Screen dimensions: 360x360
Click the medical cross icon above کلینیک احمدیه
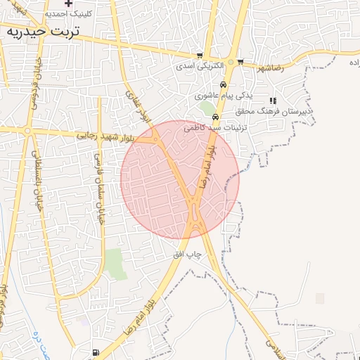(68, 3)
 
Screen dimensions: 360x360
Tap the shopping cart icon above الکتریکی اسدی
(200, 56)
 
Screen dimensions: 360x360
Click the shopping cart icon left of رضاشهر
(240, 62)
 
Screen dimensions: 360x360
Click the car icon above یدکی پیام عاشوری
(223, 84)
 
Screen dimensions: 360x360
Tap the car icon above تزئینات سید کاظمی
(225, 117)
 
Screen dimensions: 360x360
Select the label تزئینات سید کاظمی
(214, 128)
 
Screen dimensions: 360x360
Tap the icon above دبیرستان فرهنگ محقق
(273, 101)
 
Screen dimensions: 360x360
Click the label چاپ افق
(188, 254)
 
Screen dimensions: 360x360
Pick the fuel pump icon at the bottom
(96, 353)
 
